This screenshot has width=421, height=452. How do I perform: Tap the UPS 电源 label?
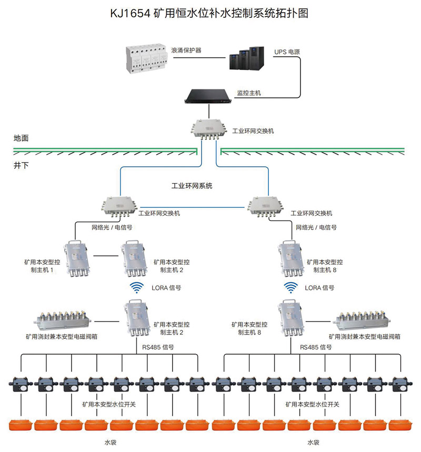[x=287, y=53]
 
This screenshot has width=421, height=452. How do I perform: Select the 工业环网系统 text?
[x=192, y=186]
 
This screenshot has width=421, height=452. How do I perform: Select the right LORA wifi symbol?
[x=290, y=287]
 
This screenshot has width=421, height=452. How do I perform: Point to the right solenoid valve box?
[x=363, y=319]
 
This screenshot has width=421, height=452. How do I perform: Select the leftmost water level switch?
[x=21, y=384]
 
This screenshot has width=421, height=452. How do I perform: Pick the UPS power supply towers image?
[x=248, y=59]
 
